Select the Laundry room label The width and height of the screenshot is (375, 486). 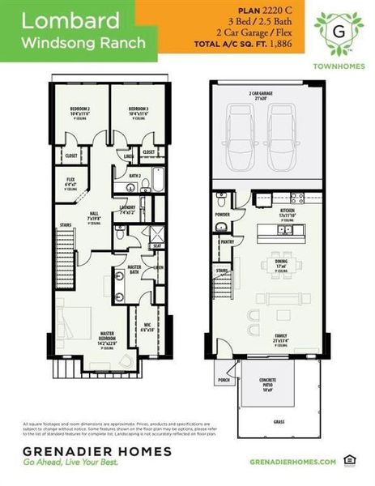tap(127, 208)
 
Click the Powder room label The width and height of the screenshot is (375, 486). tap(223, 215)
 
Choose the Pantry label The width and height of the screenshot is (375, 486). tap(228, 241)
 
